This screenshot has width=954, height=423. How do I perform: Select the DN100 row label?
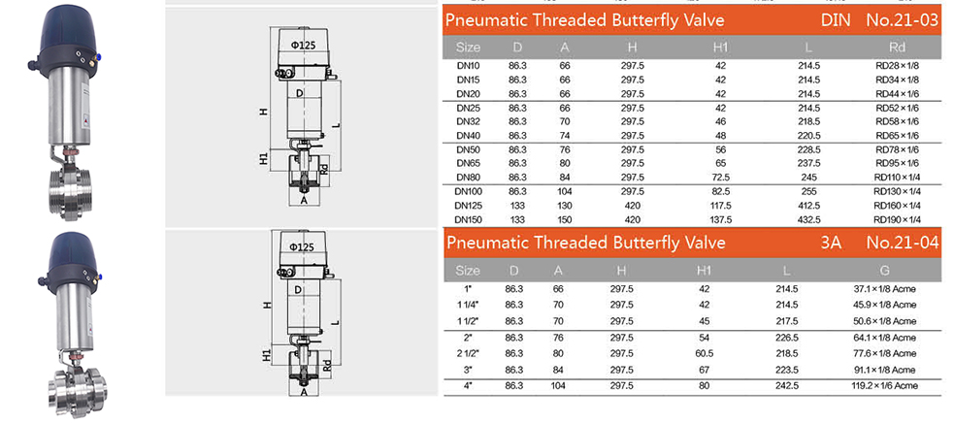(x=468, y=193)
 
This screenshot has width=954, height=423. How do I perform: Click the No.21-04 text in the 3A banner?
(x=902, y=243)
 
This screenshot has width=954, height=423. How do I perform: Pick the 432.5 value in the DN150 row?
(x=808, y=219)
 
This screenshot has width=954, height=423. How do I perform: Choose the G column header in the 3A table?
(x=884, y=270)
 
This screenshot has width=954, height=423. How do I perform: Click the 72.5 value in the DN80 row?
(x=719, y=178)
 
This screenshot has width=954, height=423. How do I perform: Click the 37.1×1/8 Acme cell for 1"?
(x=884, y=289)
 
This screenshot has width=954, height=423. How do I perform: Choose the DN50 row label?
(x=468, y=150)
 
